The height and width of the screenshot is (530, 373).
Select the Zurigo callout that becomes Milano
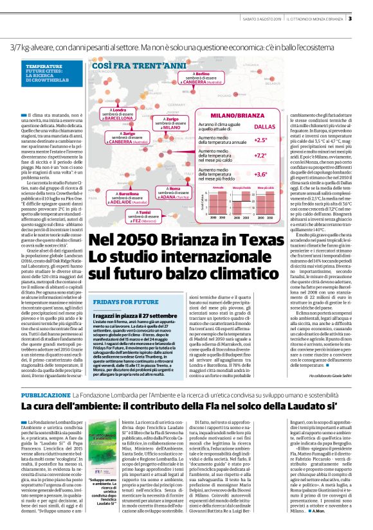(171, 123)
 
